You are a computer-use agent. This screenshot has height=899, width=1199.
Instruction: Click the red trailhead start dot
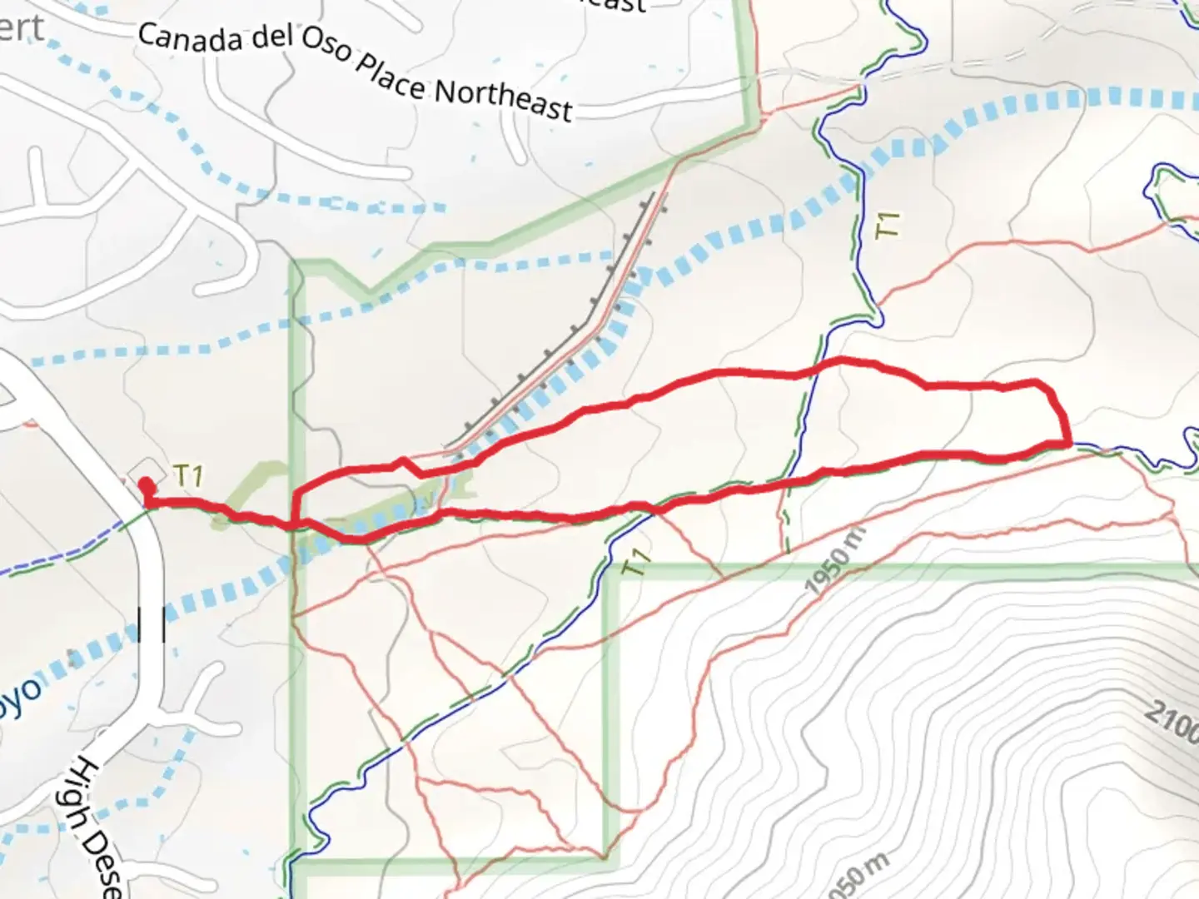pos(146,484)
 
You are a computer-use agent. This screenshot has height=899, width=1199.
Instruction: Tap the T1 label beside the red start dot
pos(189,475)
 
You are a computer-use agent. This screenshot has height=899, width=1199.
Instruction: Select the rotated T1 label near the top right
pos(889,225)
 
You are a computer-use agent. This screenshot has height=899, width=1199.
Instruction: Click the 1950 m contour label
pos(835,560)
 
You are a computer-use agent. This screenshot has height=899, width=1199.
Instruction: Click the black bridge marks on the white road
pos(152,624)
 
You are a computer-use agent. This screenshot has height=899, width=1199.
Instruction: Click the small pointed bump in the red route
pos(403,459)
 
